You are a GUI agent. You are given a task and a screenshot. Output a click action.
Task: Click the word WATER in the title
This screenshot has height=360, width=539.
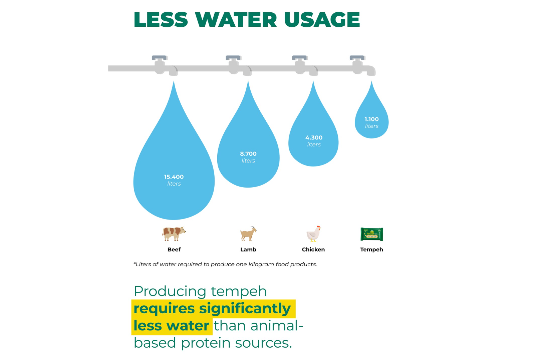point(236,20)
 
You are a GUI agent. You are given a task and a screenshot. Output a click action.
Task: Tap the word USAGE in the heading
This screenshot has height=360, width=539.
point(322,20)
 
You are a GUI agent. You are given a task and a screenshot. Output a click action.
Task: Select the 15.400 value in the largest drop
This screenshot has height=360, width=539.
point(174,177)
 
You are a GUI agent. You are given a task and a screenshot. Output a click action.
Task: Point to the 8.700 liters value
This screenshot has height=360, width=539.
point(248,154)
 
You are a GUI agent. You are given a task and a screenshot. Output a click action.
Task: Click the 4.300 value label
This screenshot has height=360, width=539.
point(314,137)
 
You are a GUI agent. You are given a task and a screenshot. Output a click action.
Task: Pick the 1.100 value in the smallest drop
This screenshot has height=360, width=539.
point(371,119)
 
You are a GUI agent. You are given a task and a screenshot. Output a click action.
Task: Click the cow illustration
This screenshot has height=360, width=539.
point(174,234)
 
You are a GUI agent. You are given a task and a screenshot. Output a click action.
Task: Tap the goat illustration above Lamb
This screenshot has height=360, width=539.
point(248,234)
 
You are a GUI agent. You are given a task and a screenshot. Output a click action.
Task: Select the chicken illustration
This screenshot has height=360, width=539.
point(313,234)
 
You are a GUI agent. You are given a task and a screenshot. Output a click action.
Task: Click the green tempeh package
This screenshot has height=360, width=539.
point(371,234)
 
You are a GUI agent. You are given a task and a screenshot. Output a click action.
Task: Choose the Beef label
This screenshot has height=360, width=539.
point(174,250)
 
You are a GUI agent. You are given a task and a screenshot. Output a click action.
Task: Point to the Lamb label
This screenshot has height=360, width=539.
point(248,250)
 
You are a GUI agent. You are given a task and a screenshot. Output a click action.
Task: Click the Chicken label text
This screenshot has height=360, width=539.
point(313,250)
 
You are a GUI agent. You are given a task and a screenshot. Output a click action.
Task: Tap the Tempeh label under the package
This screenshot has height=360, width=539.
point(371,250)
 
